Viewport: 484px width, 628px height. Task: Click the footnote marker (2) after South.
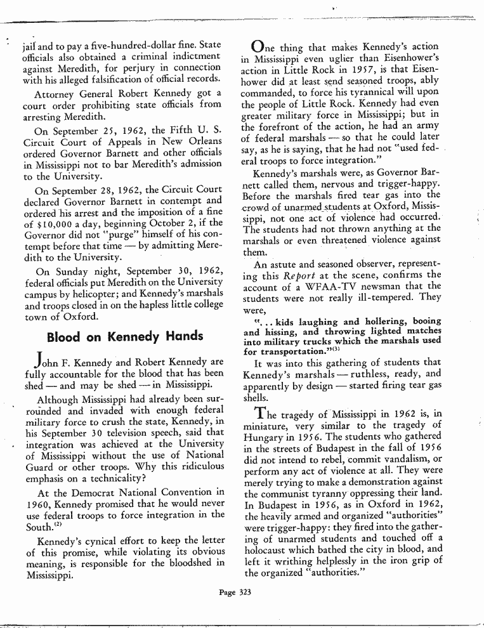(58, 523)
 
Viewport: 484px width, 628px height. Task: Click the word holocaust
(271, 547)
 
